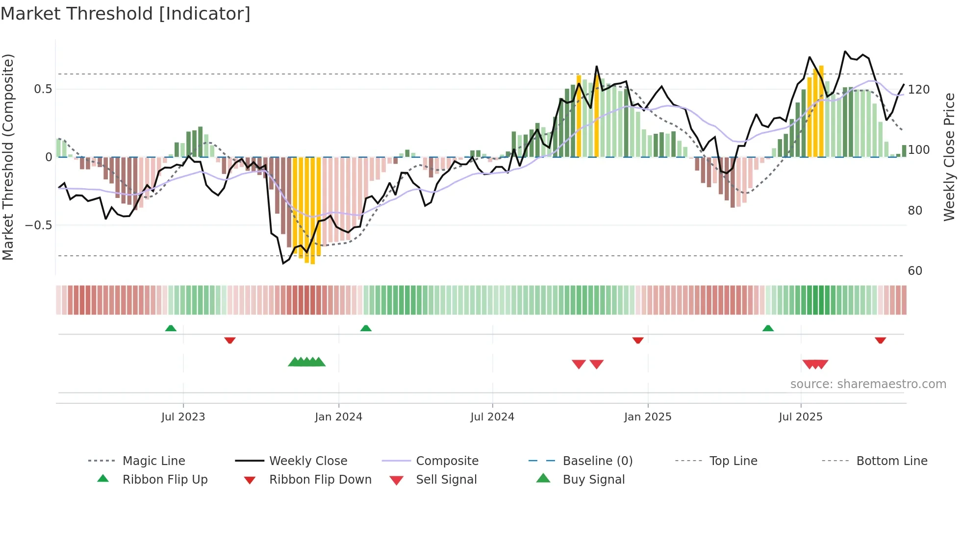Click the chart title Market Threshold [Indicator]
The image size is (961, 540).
126,14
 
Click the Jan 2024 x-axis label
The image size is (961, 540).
338,417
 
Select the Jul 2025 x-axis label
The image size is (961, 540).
800,417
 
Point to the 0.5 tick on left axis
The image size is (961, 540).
43,89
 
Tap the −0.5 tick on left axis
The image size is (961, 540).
39,225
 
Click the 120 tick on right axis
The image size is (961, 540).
918,90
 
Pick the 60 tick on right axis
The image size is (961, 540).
915,271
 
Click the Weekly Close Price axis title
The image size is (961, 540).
949,157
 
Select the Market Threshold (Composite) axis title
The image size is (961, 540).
8,157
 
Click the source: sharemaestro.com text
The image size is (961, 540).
868,384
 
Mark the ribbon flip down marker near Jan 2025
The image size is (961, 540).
637,340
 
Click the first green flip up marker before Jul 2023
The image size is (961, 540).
171,328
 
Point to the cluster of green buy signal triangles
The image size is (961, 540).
306,362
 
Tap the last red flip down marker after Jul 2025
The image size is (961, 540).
880,340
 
